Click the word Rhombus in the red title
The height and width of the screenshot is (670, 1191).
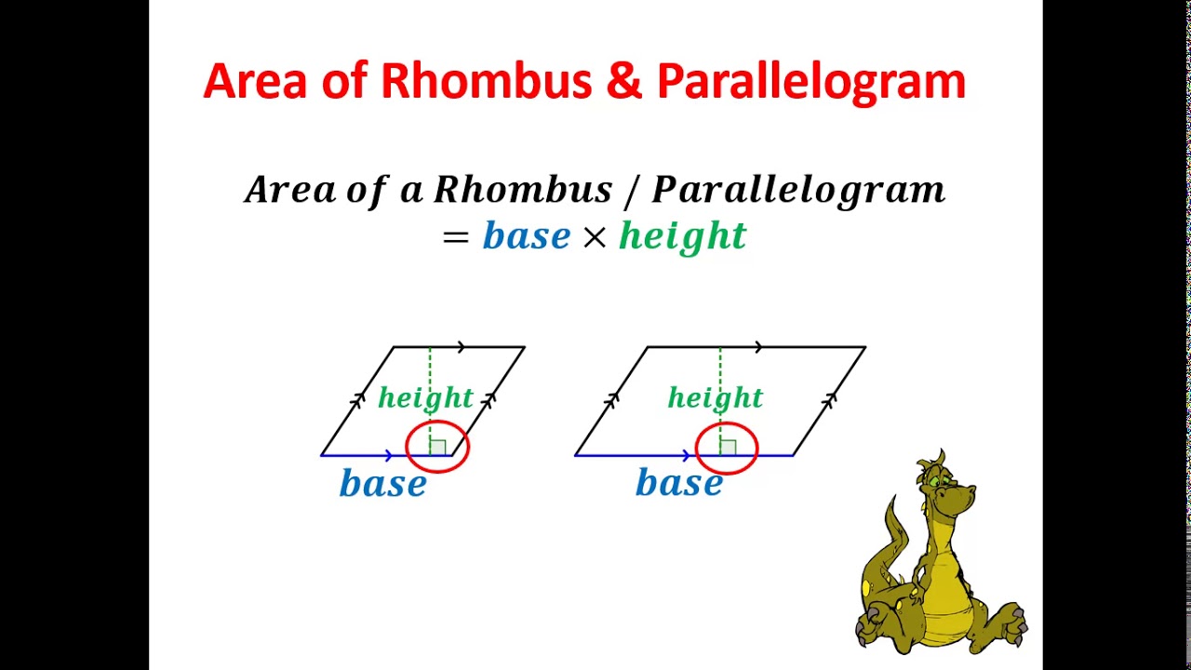point(486,81)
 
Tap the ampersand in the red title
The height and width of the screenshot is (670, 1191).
point(624,81)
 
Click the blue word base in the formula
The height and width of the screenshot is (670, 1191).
point(526,236)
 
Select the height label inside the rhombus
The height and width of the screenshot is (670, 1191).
point(425,399)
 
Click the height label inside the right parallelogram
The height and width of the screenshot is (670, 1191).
point(715,399)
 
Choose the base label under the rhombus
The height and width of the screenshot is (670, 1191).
point(382,484)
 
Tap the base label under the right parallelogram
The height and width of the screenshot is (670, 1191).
point(678,484)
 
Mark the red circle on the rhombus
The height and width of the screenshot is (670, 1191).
point(438,447)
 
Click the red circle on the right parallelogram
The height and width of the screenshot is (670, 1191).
point(727,447)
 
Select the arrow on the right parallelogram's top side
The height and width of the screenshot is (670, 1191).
point(759,347)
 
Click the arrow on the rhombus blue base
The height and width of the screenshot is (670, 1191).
point(389,455)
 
